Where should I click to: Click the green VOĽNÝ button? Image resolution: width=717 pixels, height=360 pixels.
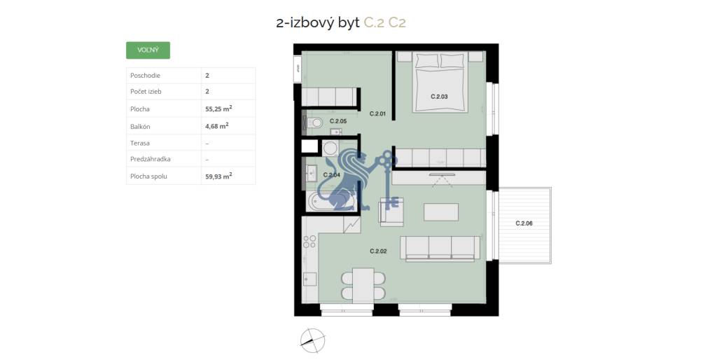(x=148, y=50)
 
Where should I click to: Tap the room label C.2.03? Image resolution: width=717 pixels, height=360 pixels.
(x=439, y=96)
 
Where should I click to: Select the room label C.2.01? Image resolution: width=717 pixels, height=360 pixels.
(x=378, y=113)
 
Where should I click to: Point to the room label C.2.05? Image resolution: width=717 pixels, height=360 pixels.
(x=338, y=121)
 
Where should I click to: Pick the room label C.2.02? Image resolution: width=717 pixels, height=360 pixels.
(x=378, y=251)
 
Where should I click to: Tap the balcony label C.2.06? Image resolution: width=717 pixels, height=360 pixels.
(x=524, y=223)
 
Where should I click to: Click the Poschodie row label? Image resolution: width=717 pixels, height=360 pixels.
(x=145, y=75)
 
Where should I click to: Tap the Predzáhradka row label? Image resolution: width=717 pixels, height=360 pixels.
(x=151, y=160)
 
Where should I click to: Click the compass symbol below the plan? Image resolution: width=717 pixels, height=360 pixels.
(x=313, y=340)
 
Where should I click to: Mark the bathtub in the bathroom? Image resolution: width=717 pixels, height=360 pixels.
(x=333, y=202)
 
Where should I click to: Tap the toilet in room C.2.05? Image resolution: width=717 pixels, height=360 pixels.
(x=315, y=123)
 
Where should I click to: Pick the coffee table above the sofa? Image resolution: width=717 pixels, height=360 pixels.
(x=441, y=212)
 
